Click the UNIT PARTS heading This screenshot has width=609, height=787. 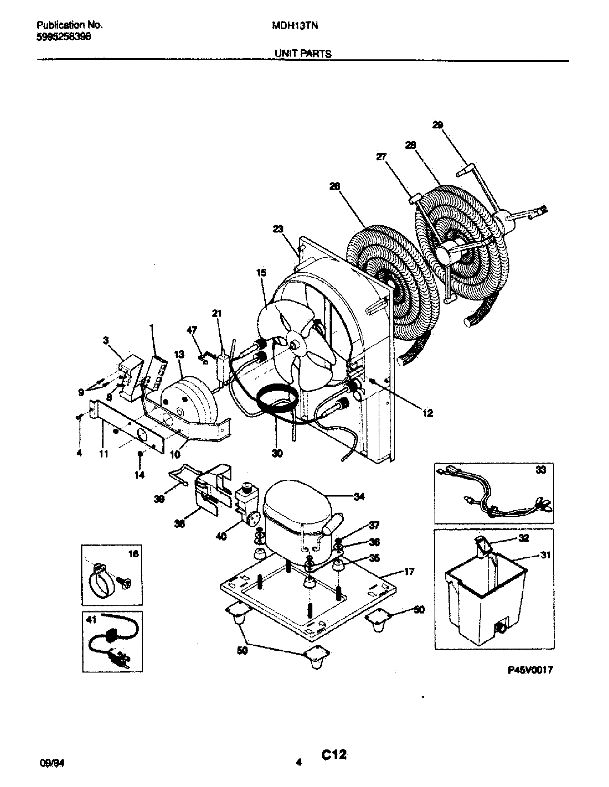tap(303, 54)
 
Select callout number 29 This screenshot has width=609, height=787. tap(437, 125)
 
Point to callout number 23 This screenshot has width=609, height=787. tap(278, 229)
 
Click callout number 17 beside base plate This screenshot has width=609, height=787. tap(409, 572)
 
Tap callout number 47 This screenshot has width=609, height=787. tap(192, 330)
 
